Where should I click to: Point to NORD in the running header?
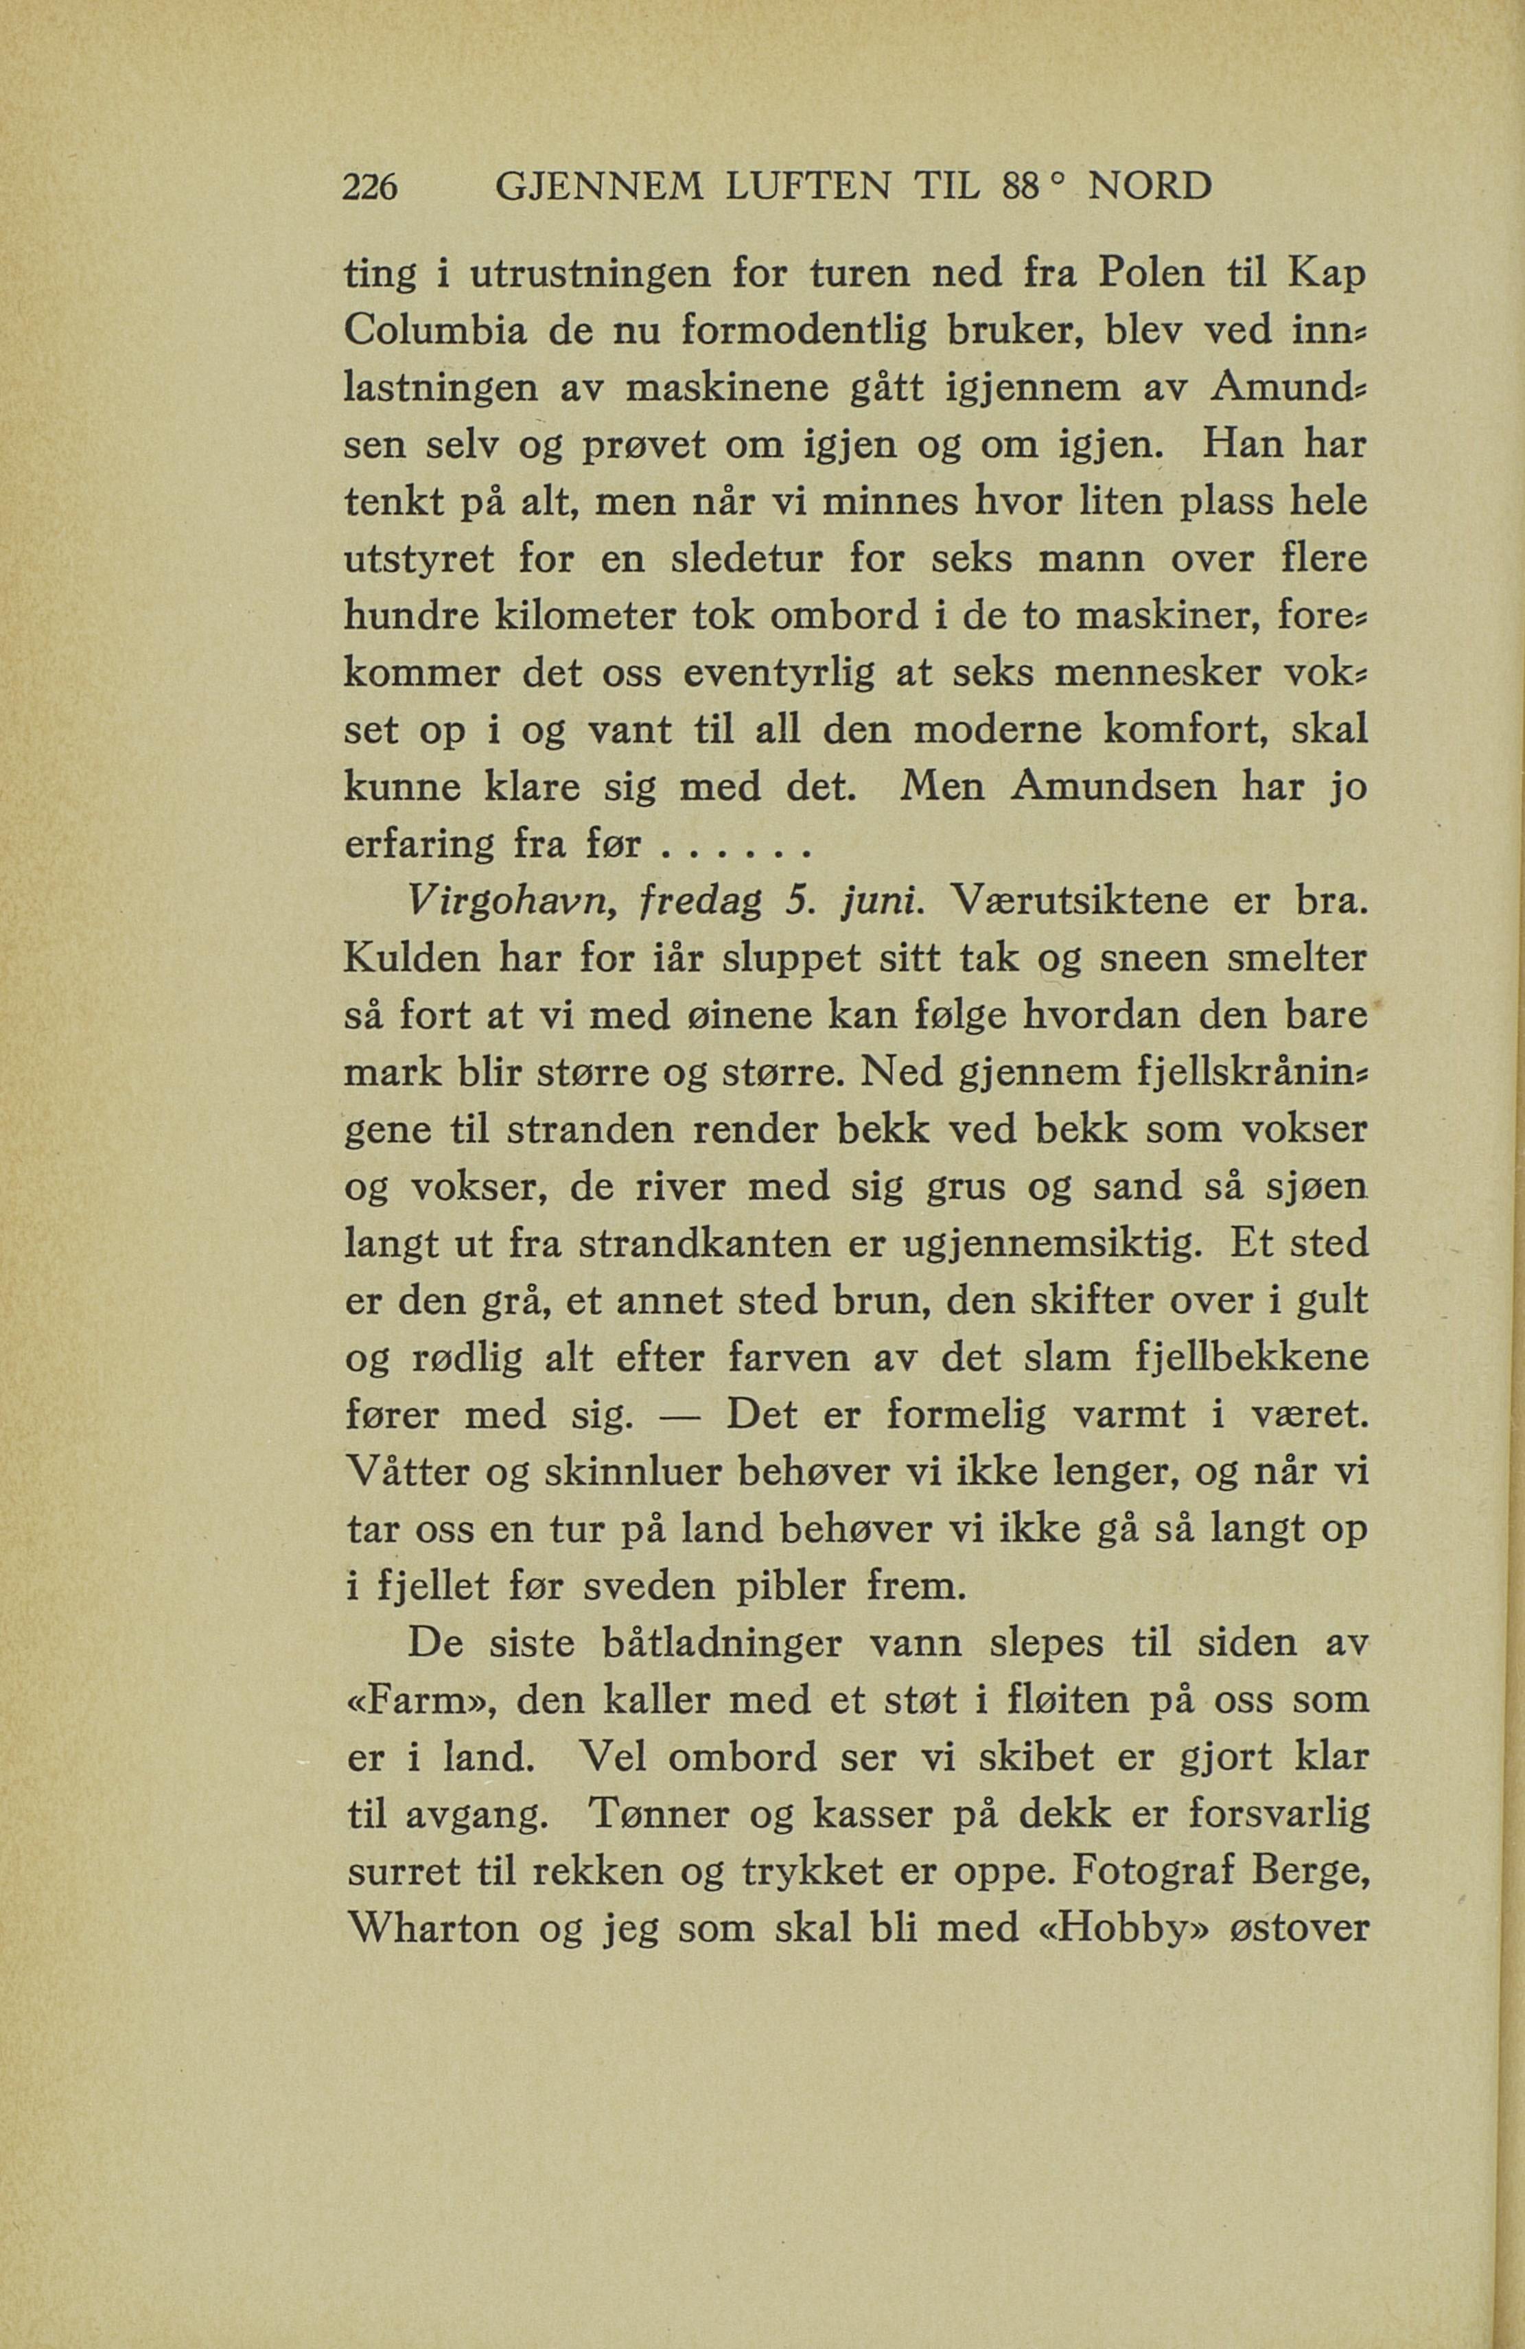[x=1149, y=187]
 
